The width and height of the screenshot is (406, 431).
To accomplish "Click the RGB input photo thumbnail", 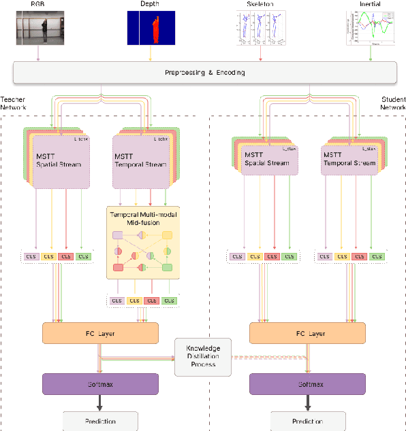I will click(39, 29).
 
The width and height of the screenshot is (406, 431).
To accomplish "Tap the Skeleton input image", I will click(262, 29).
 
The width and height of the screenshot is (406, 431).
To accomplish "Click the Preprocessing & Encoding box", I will click(204, 72).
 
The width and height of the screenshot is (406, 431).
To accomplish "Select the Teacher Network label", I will click(14, 104).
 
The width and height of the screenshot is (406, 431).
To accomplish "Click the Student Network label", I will click(392, 104).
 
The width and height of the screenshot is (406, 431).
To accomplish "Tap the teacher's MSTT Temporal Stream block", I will click(141, 160).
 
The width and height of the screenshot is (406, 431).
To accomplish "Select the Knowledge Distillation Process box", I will click(203, 357).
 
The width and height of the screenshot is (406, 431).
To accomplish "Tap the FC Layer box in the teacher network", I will click(100, 333).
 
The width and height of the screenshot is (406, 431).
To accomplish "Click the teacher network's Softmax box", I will click(100, 383).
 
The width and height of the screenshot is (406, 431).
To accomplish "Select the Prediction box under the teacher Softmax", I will click(100, 420).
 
